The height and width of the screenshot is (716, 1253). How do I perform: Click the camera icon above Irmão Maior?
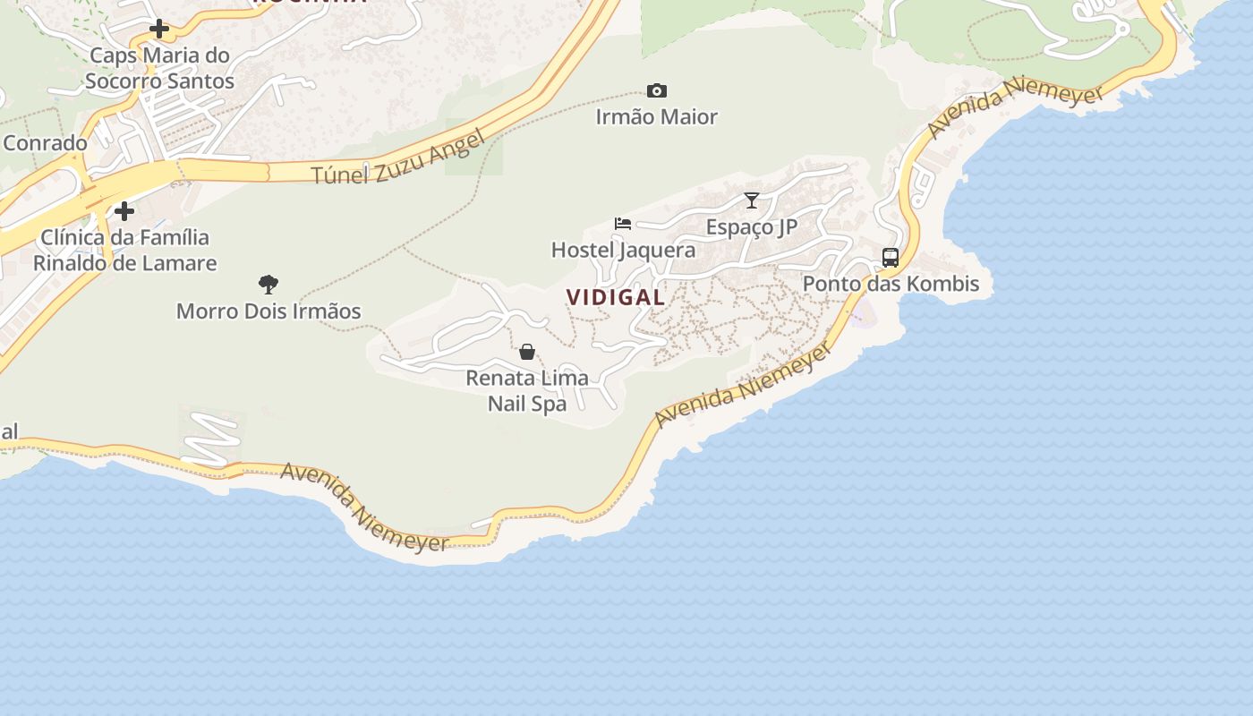point(657,90)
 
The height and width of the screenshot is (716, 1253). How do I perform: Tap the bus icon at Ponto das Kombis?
point(891,258)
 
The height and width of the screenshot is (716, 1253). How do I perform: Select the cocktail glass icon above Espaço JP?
point(752,200)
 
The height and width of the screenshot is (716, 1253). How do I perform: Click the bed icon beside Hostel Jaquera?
point(623,223)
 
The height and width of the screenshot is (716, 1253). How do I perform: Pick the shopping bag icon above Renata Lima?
point(527,352)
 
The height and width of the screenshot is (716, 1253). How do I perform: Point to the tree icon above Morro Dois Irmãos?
point(268,285)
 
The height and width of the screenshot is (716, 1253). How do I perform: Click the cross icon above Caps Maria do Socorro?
point(159,29)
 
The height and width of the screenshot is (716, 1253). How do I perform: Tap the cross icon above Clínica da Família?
point(124,211)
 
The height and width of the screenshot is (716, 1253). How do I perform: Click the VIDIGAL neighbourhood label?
point(616,297)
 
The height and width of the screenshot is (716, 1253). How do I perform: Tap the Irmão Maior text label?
point(657,116)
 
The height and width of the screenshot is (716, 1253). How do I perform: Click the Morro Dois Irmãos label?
point(268,311)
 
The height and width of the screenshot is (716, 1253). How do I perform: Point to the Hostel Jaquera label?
point(623,250)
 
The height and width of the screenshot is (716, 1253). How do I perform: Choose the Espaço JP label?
point(752,226)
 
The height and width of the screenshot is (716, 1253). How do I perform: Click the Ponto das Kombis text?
point(891,284)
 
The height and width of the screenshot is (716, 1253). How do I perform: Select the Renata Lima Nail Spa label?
point(527,390)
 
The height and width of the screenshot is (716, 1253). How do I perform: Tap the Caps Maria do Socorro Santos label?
point(159,68)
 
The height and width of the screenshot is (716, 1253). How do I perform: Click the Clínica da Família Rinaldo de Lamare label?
point(124,250)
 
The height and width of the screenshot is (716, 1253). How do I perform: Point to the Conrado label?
point(45,143)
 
